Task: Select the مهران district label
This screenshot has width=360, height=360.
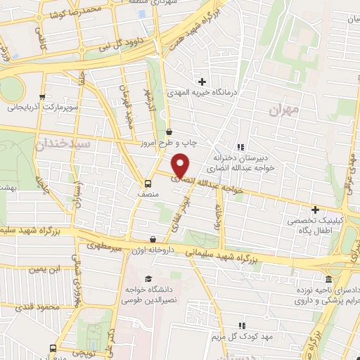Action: pyautogui.click(x=283, y=110)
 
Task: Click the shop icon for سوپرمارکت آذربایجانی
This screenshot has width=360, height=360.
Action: pyautogui.click(x=42, y=97)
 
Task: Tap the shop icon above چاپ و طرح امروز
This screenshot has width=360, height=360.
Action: pyautogui.click(x=169, y=131)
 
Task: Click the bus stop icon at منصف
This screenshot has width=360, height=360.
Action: pyautogui.click(x=147, y=177)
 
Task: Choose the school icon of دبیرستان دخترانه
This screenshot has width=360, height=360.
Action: pyautogui.click(x=241, y=147)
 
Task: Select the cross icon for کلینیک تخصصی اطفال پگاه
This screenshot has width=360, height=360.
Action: pyautogui.click(x=315, y=210)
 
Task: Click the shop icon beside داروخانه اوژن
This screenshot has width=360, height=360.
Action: pyautogui.click(x=153, y=239)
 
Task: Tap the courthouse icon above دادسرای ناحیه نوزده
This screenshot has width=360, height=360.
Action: pyautogui.click(x=328, y=279)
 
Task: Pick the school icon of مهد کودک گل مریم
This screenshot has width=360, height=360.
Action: pyautogui.click(x=242, y=325)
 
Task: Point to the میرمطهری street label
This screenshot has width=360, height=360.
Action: pyautogui.click(x=105, y=247)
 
